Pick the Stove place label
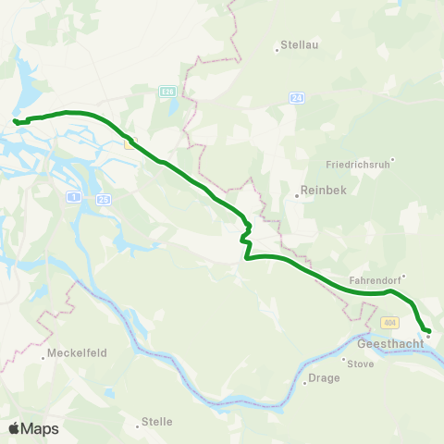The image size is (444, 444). (x=360, y=364)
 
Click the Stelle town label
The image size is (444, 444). (x=156, y=422)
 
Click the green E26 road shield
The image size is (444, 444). (x=166, y=92)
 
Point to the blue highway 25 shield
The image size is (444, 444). (x=103, y=200)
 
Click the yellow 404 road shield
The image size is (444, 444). (x=389, y=323)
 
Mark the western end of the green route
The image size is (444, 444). (x=15, y=121)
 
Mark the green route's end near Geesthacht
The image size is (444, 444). (x=428, y=331)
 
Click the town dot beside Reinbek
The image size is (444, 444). (x=295, y=196)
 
